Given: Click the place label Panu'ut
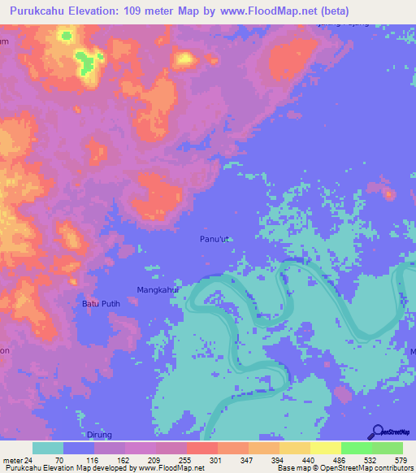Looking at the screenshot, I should click(215, 239).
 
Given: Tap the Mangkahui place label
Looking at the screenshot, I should click(157, 289).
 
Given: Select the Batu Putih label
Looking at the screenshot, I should click(102, 304).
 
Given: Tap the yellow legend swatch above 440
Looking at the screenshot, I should click(294, 448).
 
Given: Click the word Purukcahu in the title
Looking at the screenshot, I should click(43, 11).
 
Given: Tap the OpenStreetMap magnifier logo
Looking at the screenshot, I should click(377, 432).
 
